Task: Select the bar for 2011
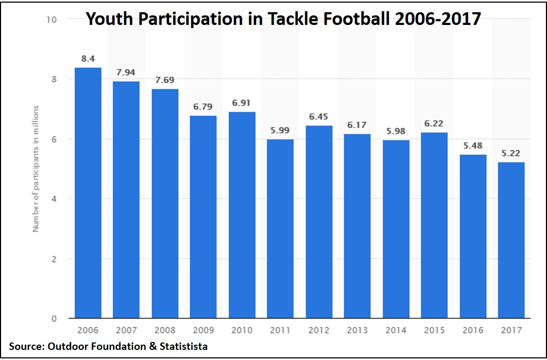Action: (x=280, y=229)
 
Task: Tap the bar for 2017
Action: (x=511, y=240)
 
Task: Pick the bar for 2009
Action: (x=203, y=217)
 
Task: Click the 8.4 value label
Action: (x=88, y=58)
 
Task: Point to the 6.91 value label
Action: (x=242, y=102)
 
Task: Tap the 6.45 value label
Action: (x=319, y=116)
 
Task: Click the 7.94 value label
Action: (x=126, y=72)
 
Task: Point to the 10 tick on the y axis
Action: (x=52, y=19)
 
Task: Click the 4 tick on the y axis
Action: (x=54, y=199)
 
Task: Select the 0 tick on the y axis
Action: (x=54, y=319)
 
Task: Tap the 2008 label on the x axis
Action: (x=165, y=330)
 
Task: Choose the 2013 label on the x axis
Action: (x=357, y=330)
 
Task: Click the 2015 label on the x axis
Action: (x=434, y=330)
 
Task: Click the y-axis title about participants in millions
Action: (x=36, y=169)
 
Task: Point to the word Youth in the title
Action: (x=107, y=19)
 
